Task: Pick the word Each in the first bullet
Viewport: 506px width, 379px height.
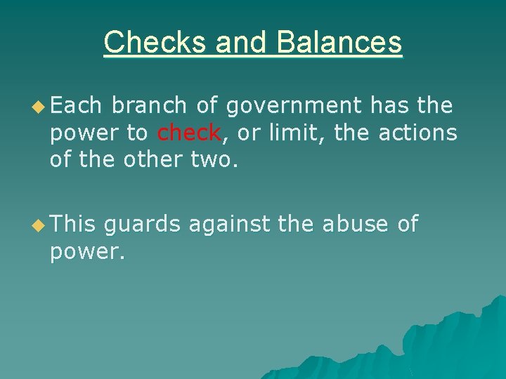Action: tap(76, 106)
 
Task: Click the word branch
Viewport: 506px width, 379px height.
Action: tap(149, 106)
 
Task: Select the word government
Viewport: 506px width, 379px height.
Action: tap(294, 106)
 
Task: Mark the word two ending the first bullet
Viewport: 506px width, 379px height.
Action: tap(212, 159)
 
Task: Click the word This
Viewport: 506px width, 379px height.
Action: tap(73, 225)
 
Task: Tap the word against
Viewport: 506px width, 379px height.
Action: tap(230, 225)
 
